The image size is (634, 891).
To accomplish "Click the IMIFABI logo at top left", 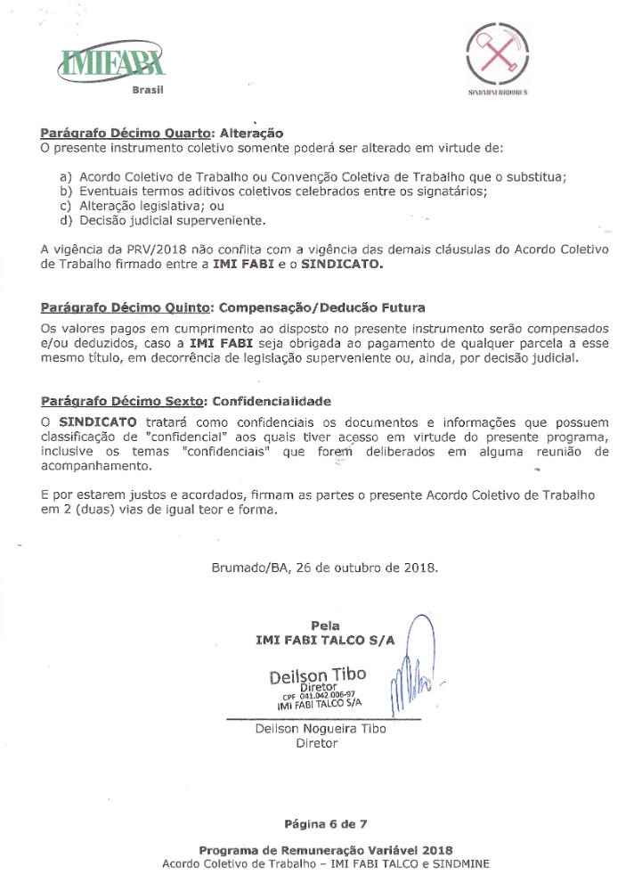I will pyautogui.click(x=110, y=63).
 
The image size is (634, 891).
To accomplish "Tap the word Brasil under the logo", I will pyautogui.click(x=148, y=90).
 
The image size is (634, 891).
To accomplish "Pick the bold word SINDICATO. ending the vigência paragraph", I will pyautogui.click(x=341, y=265).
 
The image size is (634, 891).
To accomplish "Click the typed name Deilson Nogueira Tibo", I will pyautogui.click(x=320, y=728).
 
